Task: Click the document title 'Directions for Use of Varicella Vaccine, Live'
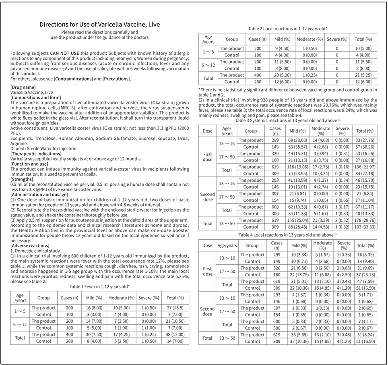click(x=99, y=25)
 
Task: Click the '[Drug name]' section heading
click(x=23, y=87)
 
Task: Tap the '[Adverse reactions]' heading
click(x=30, y=245)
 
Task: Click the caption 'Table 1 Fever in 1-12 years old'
click(x=99, y=286)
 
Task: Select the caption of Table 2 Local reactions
click(x=288, y=29)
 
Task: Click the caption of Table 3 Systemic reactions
click(x=288, y=120)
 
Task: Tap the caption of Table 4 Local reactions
click(x=288, y=234)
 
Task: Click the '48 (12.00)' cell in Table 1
click(x=175, y=334)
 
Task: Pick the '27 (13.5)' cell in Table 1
click(x=175, y=308)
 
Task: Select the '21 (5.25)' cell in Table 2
click(x=363, y=75)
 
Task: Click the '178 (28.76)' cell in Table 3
click(x=364, y=220)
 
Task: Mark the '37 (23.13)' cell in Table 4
click(x=364, y=275)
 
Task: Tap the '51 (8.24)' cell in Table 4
click(x=364, y=335)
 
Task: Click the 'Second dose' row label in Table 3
click(x=207, y=197)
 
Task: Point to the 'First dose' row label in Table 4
click(x=207, y=272)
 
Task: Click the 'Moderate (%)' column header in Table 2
click(x=310, y=39)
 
